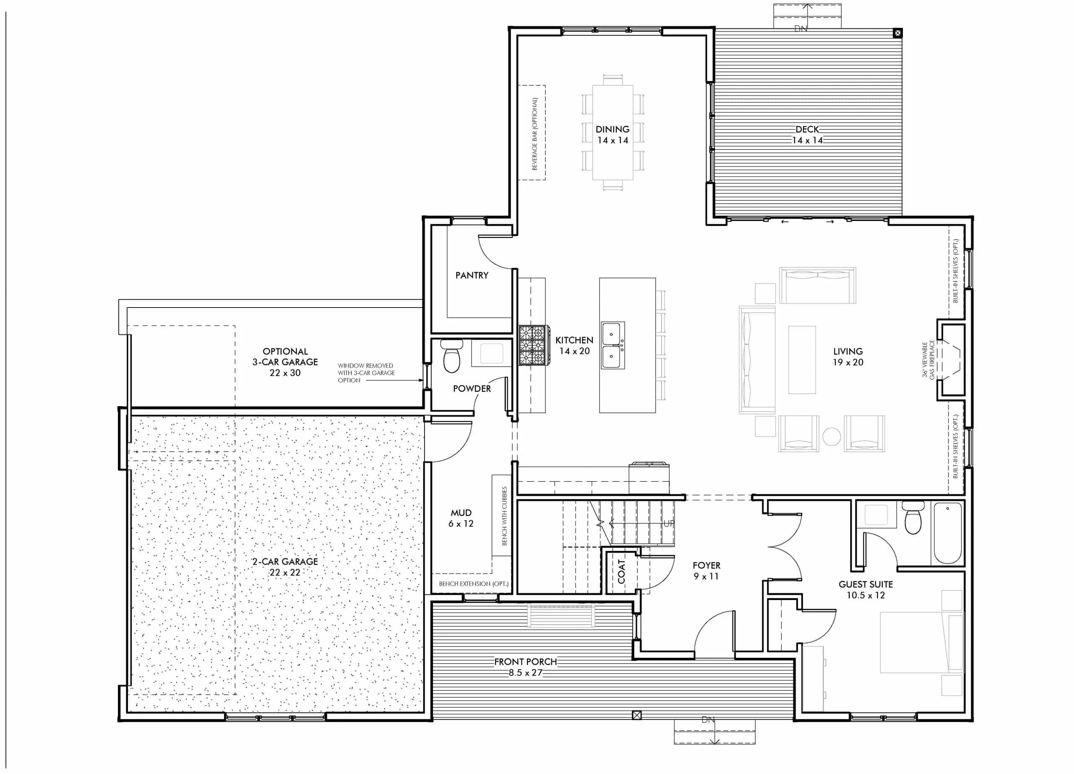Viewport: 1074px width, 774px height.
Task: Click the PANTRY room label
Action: pyautogui.click(x=472, y=275)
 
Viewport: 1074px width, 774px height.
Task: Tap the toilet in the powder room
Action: pyautogui.click(x=452, y=357)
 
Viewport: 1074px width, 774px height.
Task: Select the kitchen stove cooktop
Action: pyautogui.click(x=534, y=345)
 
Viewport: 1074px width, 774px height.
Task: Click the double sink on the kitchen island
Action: pyautogui.click(x=613, y=346)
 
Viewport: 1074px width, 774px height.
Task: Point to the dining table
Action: pyautogui.click(x=613, y=133)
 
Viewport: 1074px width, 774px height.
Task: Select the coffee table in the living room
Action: pyautogui.click(x=802, y=360)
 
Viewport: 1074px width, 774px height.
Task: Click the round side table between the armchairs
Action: pyautogui.click(x=832, y=436)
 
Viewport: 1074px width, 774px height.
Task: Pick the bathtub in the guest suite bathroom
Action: pyautogui.click(x=948, y=533)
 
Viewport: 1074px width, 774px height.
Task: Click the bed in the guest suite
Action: pyautogui.click(x=921, y=642)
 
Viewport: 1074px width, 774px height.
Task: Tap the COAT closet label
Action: pyautogui.click(x=621, y=571)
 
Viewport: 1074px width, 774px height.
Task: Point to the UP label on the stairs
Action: pyautogui.click(x=668, y=524)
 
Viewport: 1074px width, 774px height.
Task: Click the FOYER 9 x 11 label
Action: pyautogui.click(x=706, y=571)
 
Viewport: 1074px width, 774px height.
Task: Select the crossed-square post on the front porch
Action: pyautogui.click(x=636, y=715)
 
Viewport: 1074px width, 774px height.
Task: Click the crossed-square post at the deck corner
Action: pyautogui.click(x=897, y=33)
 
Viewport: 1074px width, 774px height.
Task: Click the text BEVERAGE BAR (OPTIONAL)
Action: pyautogui.click(x=534, y=133)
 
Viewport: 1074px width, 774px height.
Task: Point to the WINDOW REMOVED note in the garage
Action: pyautogui.click(x=365, y=373)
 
